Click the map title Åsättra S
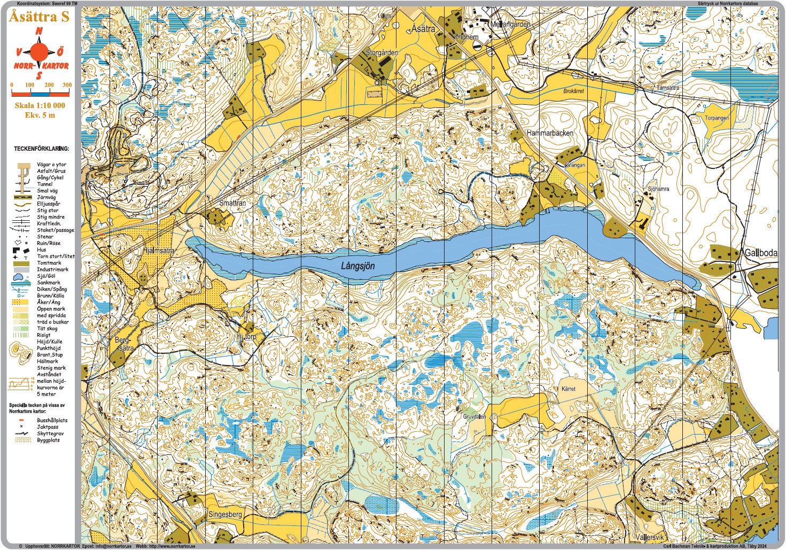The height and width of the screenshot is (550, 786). coord(39,17)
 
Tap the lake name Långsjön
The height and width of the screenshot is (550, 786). coord(358,266)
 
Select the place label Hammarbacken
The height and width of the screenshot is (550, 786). coord(550,133)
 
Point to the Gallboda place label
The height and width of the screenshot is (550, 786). coord(760,253)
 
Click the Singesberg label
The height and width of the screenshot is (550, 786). coord(225,514)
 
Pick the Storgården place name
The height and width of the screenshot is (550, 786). coord(382,52)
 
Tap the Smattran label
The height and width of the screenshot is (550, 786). coord(232,203)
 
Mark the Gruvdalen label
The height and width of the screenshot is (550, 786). coord(474,416)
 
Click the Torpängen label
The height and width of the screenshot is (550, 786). coord(717,118)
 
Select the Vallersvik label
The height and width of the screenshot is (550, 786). coord(650,537)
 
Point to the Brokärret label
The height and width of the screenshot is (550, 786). coord(573,91)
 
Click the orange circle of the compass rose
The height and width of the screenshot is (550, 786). coord(38,52)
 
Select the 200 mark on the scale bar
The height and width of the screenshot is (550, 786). coord(49,85)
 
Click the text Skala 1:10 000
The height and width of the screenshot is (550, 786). coord(40,105)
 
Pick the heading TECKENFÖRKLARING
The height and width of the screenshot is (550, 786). coord(41,149)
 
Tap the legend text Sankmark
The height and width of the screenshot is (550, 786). coord(48,283)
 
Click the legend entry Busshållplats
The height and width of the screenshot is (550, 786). coord(52,421)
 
